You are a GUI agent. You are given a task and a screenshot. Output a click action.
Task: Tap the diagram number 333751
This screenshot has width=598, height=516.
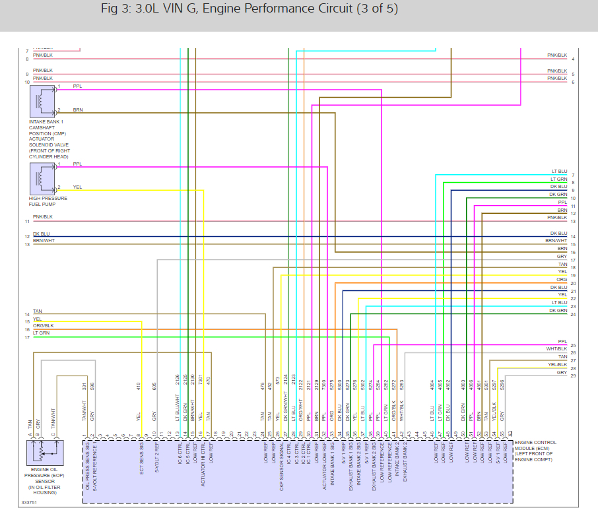(x=29, y=501)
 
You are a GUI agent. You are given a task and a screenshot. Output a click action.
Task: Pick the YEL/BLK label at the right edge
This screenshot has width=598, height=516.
(x=558, y=364)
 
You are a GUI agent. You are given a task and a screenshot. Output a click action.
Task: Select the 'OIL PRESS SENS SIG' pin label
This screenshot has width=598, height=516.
(x=87, y=465)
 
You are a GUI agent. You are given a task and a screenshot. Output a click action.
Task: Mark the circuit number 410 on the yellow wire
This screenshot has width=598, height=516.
(x=139, y=385)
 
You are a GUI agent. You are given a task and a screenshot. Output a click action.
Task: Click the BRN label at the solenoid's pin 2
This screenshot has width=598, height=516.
(x=77, y=109)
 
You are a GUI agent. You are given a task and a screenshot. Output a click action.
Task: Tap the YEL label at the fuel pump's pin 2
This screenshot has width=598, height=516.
(x=77, y=187)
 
